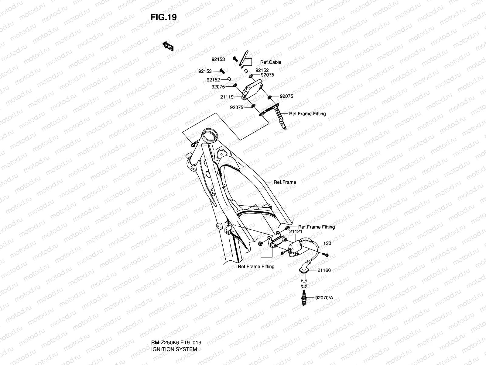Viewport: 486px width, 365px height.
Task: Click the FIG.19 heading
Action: (x=163, y=17)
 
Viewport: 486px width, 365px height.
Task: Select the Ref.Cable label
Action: (x=271, y=62)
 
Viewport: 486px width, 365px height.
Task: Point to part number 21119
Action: (x=227, y=97)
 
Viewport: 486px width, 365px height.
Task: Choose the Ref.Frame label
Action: (x=285, y=182)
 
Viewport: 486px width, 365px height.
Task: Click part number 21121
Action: (x=295, y=231)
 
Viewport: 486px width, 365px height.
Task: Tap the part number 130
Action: (x=327, y=243)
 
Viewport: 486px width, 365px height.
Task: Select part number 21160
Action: (x=324, y=270)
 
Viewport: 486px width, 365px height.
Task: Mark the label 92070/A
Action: (x=324, y=297)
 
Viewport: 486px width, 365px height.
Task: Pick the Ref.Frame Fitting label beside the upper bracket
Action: (x=307, y=114)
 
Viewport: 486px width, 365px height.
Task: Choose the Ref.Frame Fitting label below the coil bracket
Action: (x=256, y=266)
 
